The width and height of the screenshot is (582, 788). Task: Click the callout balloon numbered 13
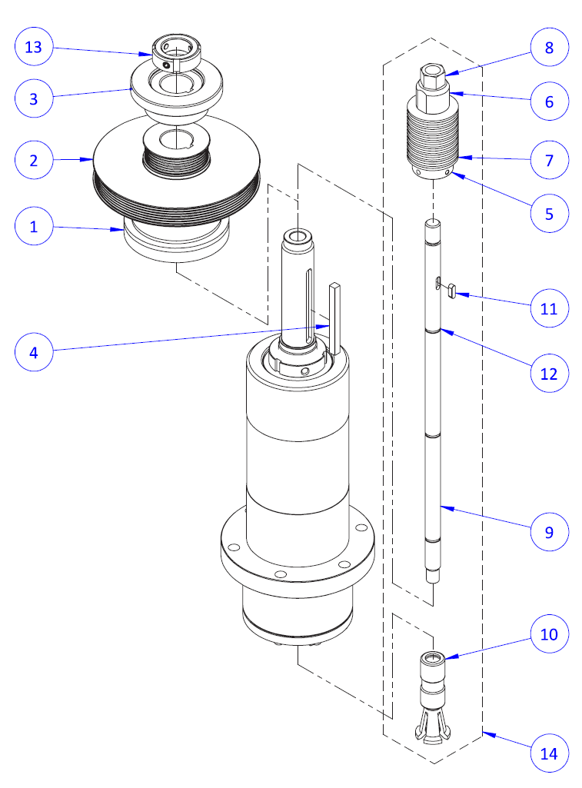(34, 47)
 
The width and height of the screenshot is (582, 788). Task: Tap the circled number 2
(34, 160)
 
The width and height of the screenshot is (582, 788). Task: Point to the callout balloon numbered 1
(34, 227)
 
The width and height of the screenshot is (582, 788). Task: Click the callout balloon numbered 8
(549, 47)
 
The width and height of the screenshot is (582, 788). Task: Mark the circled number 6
(549, 101)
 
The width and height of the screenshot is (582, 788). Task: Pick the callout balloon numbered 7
(549, 160)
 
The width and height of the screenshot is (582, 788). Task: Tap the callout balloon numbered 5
(549, 213)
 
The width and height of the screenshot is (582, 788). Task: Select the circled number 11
(549, 309)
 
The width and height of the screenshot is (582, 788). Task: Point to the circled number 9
(549, 531)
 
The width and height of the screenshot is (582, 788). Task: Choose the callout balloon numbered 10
(549, 634)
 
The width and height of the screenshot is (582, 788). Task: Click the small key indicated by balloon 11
(451, 291)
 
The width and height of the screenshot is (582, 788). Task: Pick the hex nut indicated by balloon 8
(431, 75)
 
